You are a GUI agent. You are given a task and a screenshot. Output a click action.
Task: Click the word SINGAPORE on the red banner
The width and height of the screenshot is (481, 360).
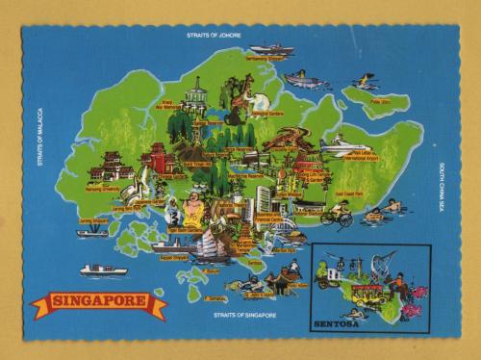pyautogui.click(x=99, y=302)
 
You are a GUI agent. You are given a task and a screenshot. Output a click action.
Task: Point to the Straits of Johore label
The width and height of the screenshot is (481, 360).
pyautogui.click(x=215, y=36)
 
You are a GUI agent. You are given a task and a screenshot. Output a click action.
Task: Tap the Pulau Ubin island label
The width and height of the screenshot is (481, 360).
pyautogui.click(x=380, y=100)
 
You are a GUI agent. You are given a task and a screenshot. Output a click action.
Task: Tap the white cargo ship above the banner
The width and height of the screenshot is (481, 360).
pyautogui.click(x=103, y=270)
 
